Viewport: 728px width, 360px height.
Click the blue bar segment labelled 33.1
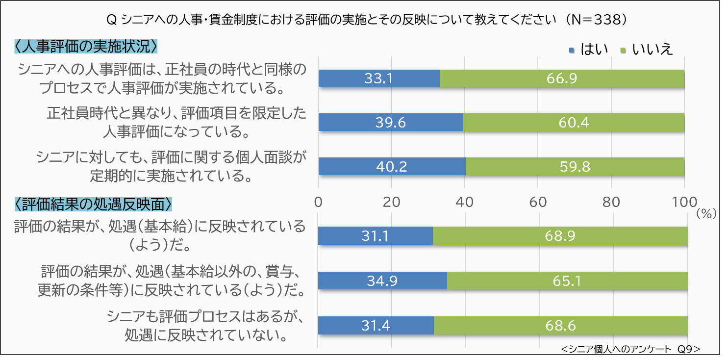click(x=379, y=78)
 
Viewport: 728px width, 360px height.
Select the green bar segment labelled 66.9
click(x=562, y=78)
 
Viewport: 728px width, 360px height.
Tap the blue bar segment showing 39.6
click(x=391, y=122)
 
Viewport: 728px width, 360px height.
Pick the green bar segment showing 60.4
click(x=574, y=122)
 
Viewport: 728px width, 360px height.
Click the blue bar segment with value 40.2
click(x=392, y=166)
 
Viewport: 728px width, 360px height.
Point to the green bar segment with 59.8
click(x=575, y=166)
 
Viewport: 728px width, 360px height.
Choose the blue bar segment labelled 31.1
click(x=376, y=236)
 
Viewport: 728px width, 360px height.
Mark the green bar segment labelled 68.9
click(x=560, y=236)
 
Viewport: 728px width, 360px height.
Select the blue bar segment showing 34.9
click(x=382, y=281)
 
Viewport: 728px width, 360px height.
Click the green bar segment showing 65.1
click(x=567, y=281)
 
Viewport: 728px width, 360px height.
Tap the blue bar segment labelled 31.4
click(x=376, y=325)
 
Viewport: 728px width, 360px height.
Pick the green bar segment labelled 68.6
click(x=561, y=325)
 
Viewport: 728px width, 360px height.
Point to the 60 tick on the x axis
click(x=537, y=202)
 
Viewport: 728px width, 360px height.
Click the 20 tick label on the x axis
click(x=391, y=202)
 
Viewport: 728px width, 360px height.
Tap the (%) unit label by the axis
click(x=706, y=213)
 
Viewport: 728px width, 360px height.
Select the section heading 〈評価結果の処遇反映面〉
click(x=93, y=203)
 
